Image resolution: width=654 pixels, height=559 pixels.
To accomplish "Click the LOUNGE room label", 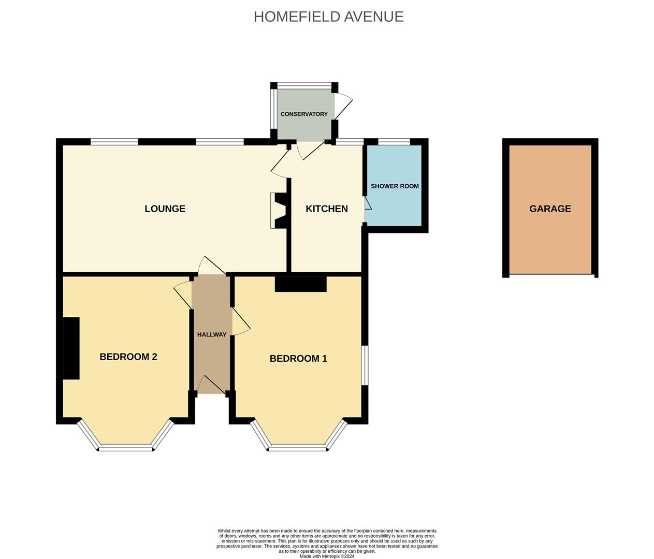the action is (165, 209).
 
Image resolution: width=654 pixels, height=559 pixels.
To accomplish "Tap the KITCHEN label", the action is (327, 209).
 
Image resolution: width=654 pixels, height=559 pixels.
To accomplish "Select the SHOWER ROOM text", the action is (395, 186).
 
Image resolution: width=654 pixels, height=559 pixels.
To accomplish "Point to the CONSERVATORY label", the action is (304, 114).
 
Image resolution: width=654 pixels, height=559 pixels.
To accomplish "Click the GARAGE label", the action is (550, 209).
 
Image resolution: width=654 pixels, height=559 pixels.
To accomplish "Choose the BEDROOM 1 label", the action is (298, 358).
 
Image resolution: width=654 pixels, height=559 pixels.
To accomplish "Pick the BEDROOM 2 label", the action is (128, 357).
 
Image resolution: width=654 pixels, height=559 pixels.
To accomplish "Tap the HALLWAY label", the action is (212, 335).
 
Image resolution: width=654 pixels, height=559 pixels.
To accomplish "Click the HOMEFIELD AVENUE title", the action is (329, 17).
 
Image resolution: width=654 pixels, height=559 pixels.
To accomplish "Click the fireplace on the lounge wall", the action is (279, 211).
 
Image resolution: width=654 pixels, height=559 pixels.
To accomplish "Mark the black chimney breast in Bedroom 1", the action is (300, 284).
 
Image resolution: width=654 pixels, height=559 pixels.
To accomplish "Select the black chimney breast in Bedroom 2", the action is (71, 348).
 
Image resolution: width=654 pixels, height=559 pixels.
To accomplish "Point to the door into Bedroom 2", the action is (183, 295).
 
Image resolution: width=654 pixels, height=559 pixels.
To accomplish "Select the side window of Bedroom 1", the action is (365, 365).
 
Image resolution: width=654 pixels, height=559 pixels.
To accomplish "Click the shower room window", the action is (394, 142).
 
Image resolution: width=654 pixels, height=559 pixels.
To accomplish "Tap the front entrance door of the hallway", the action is (212, 385).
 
